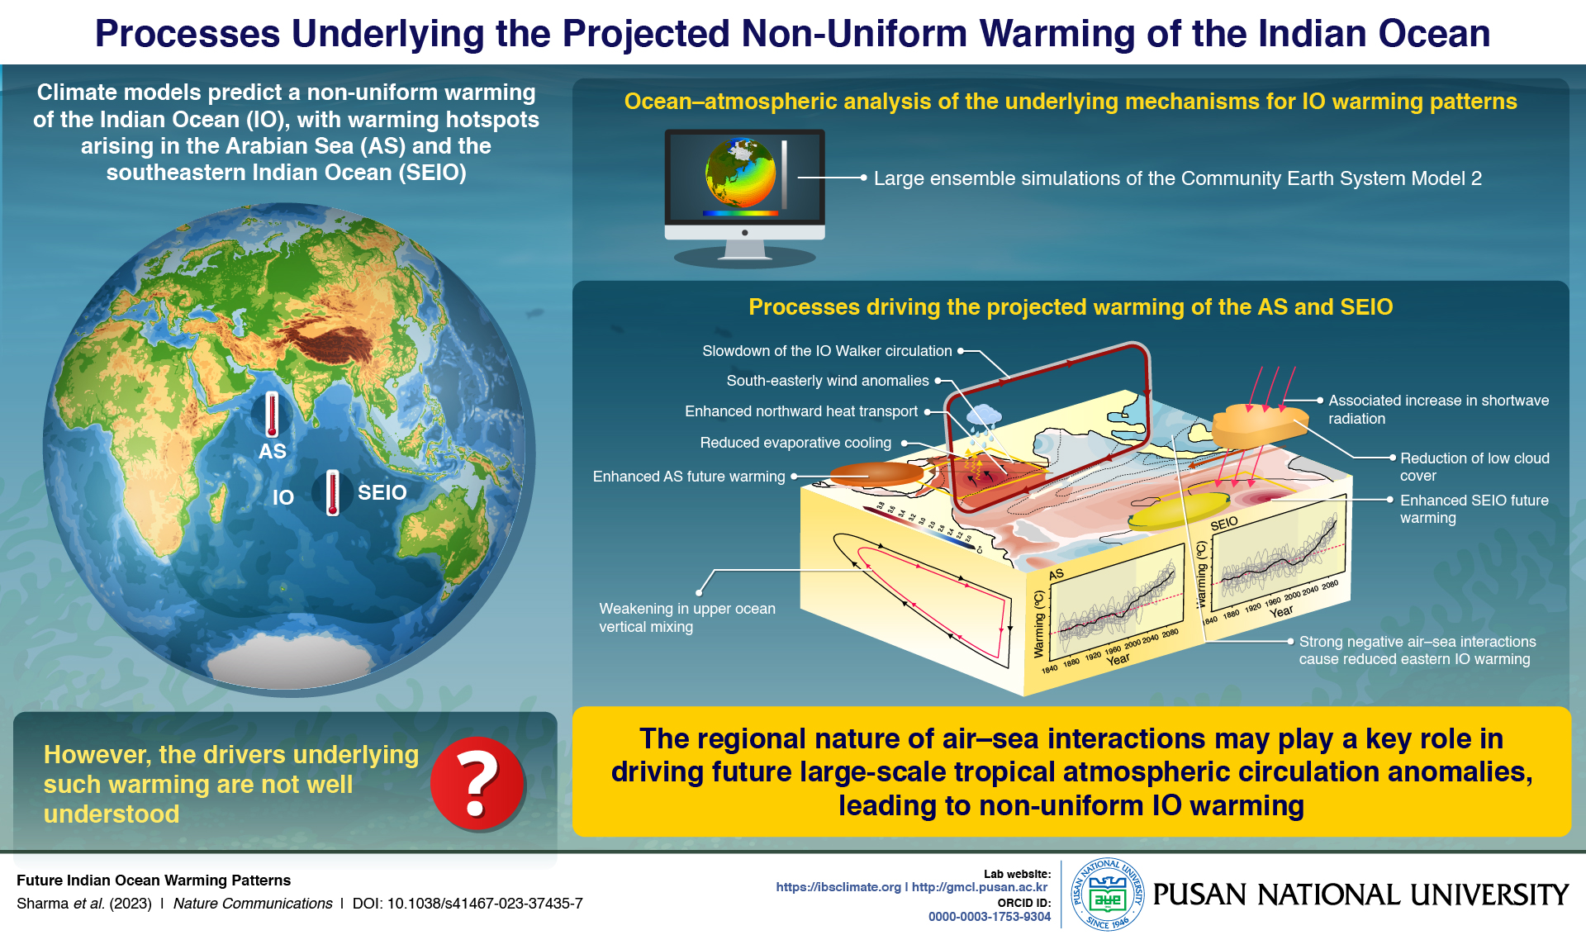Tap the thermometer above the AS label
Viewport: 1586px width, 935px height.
click(x=272, y=415)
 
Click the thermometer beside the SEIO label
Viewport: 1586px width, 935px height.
click(x=333, y=492)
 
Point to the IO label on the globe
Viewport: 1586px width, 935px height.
click(x=283, y=497)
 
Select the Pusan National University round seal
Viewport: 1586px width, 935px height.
click(x=1107, y=895)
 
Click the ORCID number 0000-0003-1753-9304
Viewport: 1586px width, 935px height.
click(x=989, y=916)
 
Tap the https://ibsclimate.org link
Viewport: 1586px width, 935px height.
click(x=838, y=887)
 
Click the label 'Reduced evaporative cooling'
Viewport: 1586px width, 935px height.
click(x=795, y=443)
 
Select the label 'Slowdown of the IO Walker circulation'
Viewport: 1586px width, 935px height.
click(x=826, y=351)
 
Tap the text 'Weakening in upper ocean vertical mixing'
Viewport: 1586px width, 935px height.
click(x=686, y=618)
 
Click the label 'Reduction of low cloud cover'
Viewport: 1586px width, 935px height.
click(x=1474, y=467)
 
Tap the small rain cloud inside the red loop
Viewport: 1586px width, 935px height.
click(x=983, y=416)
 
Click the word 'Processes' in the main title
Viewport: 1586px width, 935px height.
click(x=188, y=34)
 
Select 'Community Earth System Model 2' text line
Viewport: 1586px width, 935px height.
click(x=1177, y=178)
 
